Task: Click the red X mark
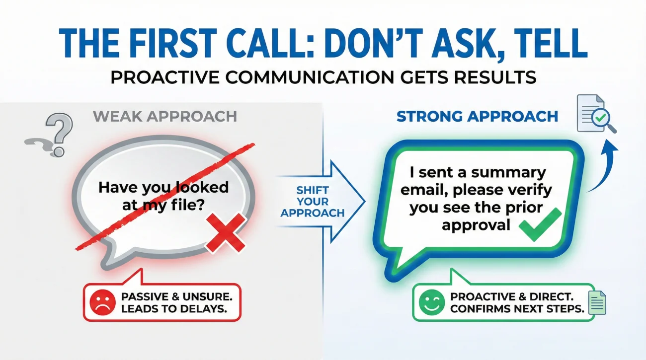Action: tap(226, 233)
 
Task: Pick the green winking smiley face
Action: tap(428, 302)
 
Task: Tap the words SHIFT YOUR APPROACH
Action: tap(312, 202)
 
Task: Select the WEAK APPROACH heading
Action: tap(164, 117)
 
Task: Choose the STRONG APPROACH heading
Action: tap(477, 117)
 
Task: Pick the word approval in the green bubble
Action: tap(476, 224)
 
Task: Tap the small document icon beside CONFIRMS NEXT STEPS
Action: tap(596, 302)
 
